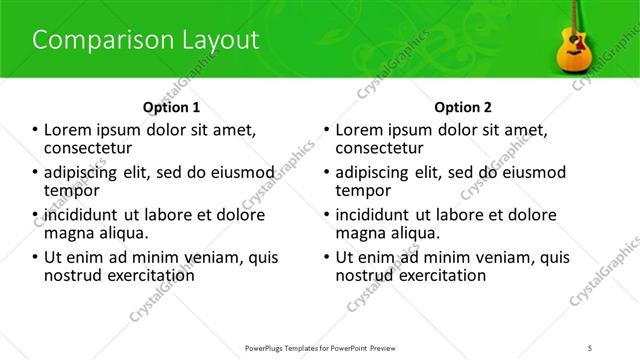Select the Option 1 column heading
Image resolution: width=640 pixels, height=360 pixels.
tap(171, 107)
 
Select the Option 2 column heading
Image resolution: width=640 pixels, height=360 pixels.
tap(464, 107)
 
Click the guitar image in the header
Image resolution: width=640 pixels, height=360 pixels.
tap(573, 45)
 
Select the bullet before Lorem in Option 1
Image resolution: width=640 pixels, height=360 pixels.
tap(36, 130)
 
